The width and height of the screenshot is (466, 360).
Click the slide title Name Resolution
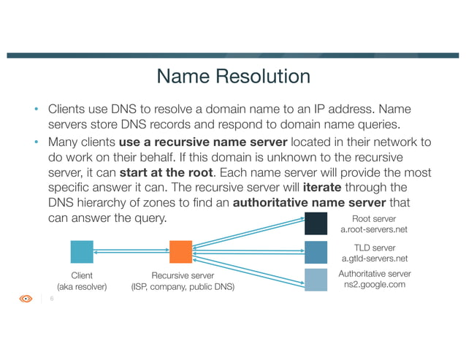[233, 76]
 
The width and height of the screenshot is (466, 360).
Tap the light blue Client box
[82, 252]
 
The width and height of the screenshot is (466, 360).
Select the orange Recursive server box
[180, 252]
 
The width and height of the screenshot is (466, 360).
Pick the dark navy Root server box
[316, 223]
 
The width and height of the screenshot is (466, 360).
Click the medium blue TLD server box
[316, 252]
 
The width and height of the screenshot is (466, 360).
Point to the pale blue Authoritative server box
[316, 280]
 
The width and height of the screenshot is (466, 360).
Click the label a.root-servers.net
[374, 230]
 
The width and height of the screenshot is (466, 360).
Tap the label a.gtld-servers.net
[374, 258]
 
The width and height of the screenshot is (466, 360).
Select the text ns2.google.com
[374, 286]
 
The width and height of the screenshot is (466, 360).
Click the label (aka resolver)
[82, 287]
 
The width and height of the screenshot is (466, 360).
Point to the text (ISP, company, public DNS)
[183, 287]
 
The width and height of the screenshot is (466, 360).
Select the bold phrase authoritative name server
[310, 202]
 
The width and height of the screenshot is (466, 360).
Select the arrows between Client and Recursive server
[131, 252]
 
